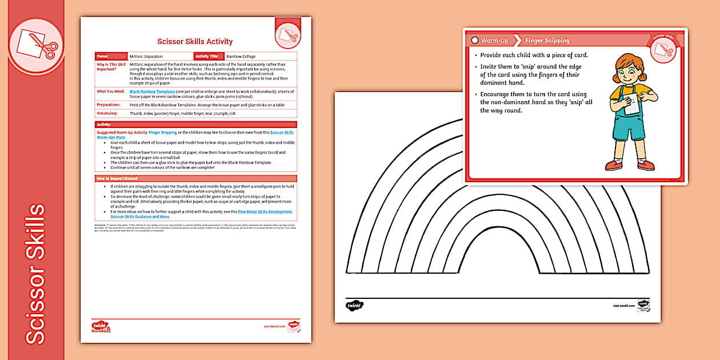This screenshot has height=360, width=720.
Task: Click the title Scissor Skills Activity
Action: [x=195, y=41]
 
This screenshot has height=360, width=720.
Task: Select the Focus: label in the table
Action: [x=103, y=57]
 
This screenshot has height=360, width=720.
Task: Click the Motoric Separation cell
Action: [x=146, y=57]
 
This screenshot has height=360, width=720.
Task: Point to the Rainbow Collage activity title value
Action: [x=241, y=57]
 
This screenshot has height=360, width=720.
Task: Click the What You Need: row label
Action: [x=110, y=91]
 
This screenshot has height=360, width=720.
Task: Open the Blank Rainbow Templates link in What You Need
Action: [x=153, y=91]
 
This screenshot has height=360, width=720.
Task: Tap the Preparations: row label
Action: [x=109, y=105]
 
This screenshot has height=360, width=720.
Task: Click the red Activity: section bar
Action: [x=195, y=124]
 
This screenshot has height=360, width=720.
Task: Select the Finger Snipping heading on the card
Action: [x=547, y=41]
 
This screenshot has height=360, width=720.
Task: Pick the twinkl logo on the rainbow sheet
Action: [x=355, y=305]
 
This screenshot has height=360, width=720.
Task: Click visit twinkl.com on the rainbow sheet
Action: [x=624, y=306]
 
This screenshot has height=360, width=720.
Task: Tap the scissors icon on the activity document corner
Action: [x=287, y=37]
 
